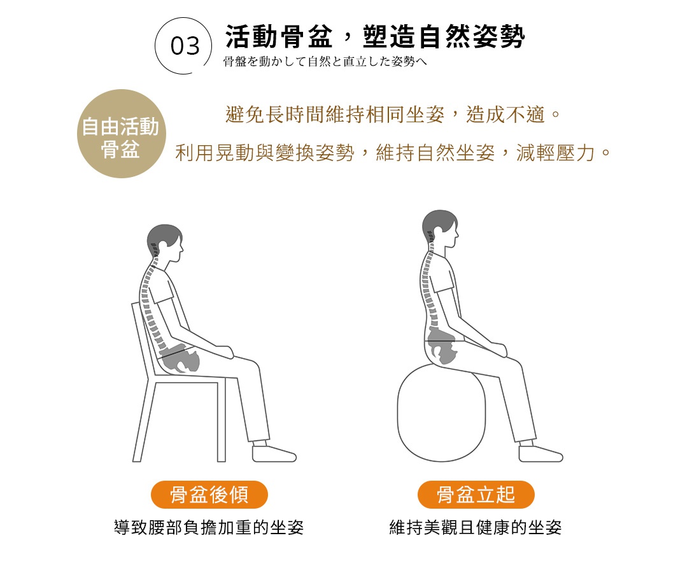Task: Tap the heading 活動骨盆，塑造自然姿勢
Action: [375, 36]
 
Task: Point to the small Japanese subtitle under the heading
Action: [325, 62]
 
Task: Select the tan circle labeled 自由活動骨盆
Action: [121, 134]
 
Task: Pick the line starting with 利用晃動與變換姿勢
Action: [393, 153]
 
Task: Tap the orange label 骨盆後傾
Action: [209, 494]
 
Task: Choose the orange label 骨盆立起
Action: [476, 494]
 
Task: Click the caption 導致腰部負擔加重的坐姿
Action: [209, 527]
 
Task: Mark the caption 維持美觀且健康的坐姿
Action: [476, 527]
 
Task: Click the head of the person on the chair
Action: [164, 242]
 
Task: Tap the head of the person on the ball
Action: [440, 229]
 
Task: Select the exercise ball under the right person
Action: [441, 413]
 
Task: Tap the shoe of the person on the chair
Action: [274, 453]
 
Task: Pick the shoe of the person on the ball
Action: [540, 453]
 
